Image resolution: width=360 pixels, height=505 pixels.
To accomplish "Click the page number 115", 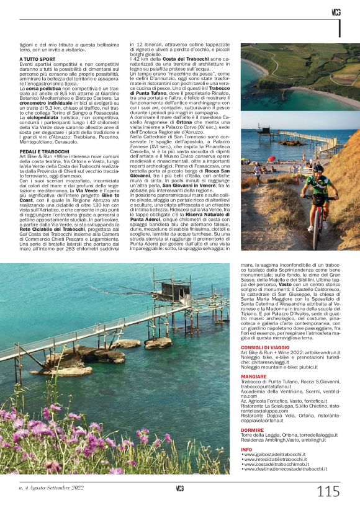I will click(x=328, y=492).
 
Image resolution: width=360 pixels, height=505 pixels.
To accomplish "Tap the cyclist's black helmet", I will click(x=318, y=168).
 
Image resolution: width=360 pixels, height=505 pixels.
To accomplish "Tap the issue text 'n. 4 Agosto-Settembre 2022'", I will click(x=51, y=488).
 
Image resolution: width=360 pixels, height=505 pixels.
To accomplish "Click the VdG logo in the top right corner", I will click(x=336, y=12).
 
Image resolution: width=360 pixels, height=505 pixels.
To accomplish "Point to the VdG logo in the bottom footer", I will click(x=180, y=488).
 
